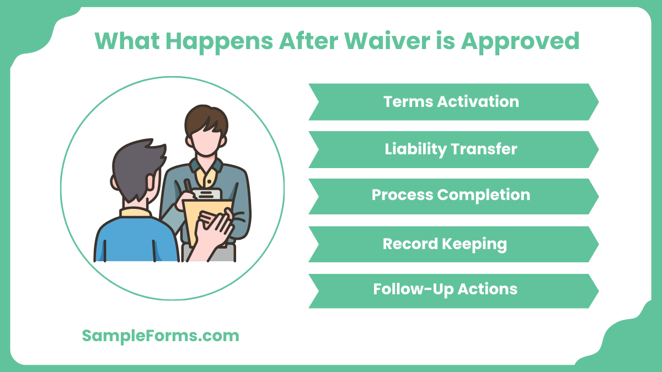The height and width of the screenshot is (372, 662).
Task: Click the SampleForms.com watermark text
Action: click(x=161, y=336)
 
